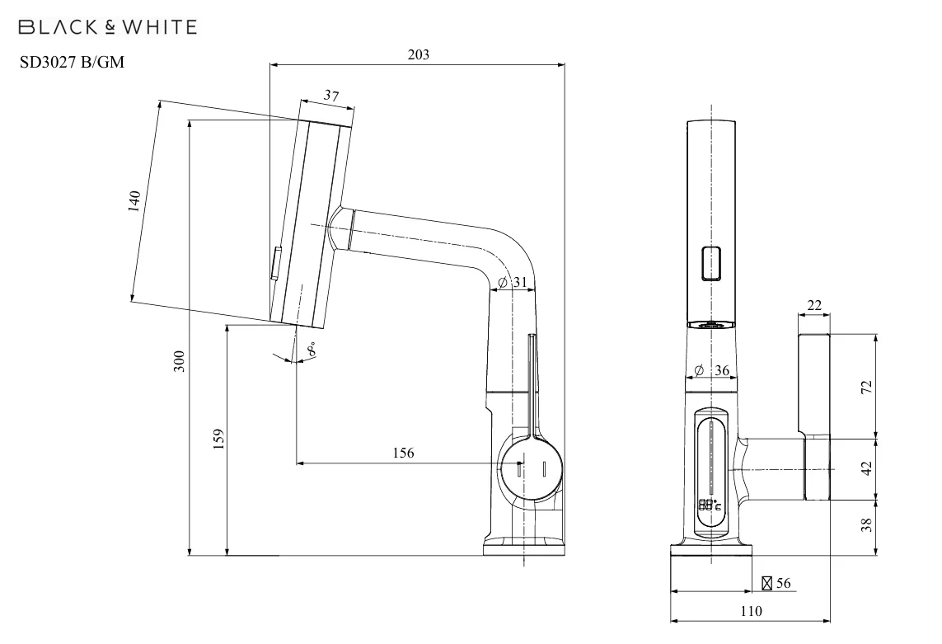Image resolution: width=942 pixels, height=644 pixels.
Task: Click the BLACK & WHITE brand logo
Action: pos(107,27)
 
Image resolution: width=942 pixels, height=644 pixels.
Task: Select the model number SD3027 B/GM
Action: pos(72,62)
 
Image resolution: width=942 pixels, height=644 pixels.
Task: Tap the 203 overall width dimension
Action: pos(419,54)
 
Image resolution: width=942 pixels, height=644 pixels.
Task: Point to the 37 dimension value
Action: pos(331,96)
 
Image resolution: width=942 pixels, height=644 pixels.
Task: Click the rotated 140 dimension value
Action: pos(134,201)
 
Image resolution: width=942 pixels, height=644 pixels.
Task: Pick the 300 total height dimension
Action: pos(179,361)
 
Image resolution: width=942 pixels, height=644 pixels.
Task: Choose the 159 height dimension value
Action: pos(218,439)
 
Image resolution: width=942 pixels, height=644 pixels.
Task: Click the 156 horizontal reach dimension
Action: pos(403,453)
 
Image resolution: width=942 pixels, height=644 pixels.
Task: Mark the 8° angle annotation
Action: pos(311,349)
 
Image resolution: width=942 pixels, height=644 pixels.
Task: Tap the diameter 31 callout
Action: pos(513,282)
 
